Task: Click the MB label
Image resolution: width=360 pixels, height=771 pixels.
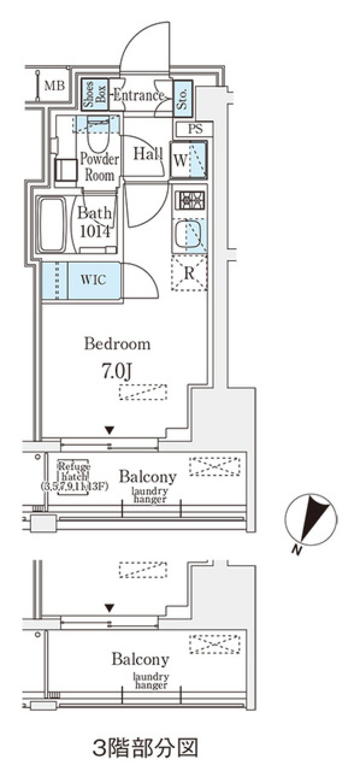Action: (54, 86)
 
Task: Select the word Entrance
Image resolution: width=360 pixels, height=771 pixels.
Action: (139, 95)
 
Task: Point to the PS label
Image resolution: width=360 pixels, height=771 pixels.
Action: (195, 129)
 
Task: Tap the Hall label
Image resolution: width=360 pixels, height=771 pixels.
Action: (148, 153)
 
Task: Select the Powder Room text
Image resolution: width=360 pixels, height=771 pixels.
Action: (99, 167)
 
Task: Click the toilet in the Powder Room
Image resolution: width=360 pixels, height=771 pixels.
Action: (97, 137)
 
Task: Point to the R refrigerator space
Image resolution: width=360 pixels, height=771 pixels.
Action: (189, 274)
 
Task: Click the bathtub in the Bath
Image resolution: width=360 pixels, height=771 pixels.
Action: (52, 225)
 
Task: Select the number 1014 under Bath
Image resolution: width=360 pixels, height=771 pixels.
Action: (95, 231)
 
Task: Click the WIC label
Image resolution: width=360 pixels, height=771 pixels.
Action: (93, 280)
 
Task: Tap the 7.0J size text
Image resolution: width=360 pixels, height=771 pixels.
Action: (117, 371)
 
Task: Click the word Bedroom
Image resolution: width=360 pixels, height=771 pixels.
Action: (117, 344)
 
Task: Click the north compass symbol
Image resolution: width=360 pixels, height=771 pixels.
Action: (311, 519)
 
